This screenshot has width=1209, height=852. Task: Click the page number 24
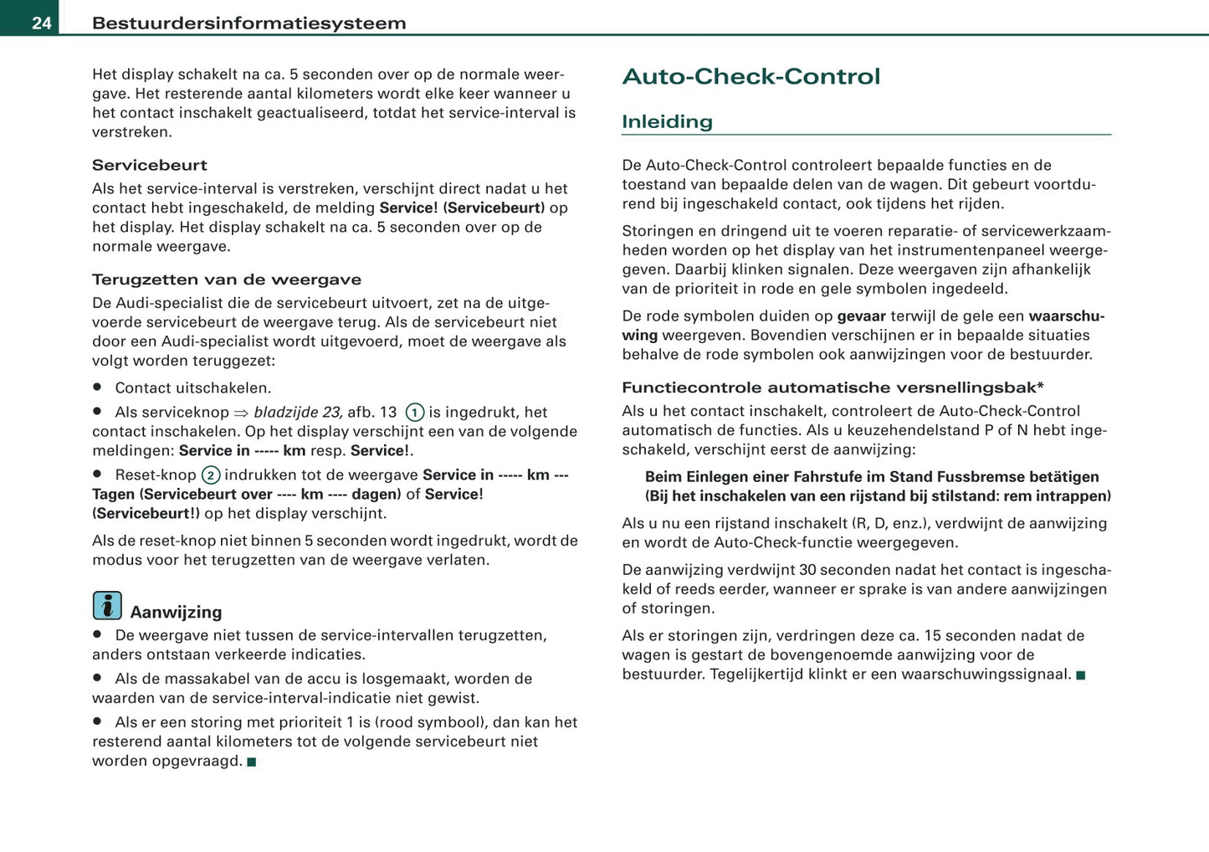coord(42,23)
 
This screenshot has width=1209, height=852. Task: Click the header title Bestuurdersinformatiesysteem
coord(248,23)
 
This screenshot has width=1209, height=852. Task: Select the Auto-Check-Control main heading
coord(751,77)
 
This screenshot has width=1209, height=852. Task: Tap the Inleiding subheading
coord(667,122)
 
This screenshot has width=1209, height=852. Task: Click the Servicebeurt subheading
coord(149,165)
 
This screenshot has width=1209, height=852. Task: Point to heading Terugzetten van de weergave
coord(226,280)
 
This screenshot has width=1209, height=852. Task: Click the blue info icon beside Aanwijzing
coord(107,605)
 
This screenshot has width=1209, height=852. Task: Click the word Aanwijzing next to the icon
coord(176,612)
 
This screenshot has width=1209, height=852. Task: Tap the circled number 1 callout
coord(414,413)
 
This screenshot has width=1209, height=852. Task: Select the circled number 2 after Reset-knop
coord(210,475)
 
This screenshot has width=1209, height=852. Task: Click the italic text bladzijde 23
coord(298,412)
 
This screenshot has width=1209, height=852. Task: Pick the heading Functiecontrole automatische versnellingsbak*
coord(832,388)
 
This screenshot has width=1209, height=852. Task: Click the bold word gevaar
coord(861,316)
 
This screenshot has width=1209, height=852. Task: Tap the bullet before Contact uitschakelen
coord(97,388)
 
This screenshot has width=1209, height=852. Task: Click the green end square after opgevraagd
coord(252,762)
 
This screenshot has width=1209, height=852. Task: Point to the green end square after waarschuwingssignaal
coord(1080,675)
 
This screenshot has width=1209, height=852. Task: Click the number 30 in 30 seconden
coord(807,570)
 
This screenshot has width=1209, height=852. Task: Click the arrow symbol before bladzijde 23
coord(241,413)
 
